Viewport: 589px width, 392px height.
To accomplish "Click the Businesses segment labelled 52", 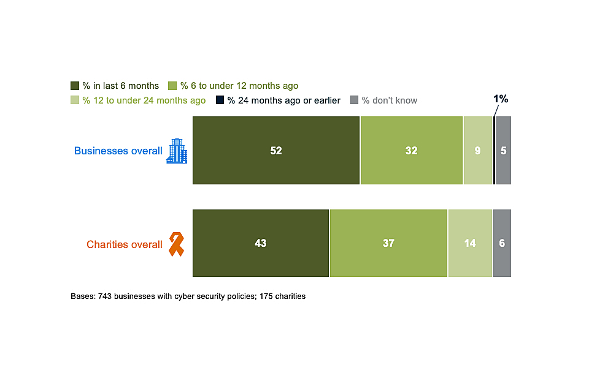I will tap(276, 150).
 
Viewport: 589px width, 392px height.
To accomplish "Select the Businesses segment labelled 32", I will tap(411, 150).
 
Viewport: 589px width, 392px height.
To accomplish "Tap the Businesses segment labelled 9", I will tap(478, 150).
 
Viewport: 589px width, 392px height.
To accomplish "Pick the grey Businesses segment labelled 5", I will tap(503, 150).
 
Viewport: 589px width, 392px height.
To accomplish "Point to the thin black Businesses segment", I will tap(494, 150).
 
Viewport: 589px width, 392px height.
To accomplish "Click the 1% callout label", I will tap(501, 99).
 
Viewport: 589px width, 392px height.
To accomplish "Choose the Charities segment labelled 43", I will tap(261, 243).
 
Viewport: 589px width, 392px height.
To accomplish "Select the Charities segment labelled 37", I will tap(388, 243).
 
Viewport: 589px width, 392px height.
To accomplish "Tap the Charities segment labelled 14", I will tap(470, 243).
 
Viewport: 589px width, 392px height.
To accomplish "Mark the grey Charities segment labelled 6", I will tap(502, 243).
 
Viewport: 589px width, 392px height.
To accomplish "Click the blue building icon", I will tap(177, 151).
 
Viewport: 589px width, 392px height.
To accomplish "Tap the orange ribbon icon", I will tap(176, 244).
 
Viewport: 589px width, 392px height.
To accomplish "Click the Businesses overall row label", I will tap(118, 151).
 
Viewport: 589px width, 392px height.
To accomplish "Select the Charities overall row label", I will tap(125, 244).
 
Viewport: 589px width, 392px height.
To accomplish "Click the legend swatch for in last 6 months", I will tap(75, 86).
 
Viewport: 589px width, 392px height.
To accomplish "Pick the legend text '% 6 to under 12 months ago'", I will tap(239, 86).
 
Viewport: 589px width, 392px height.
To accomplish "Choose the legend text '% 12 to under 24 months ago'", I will tap(144, 100).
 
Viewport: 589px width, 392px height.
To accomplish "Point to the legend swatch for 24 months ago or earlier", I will tap(220, 100).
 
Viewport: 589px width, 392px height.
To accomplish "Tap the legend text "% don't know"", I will tap(389, 100).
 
